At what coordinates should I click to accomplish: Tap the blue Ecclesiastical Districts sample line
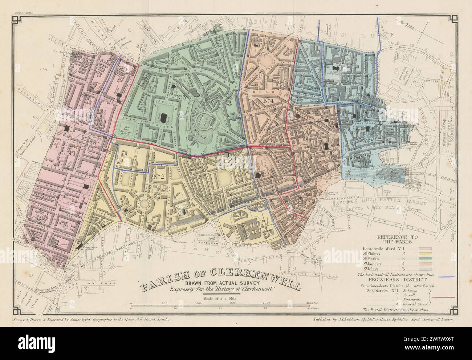click(x=445, y=277)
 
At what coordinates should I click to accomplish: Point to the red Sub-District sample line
click(x=445, y=297)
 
